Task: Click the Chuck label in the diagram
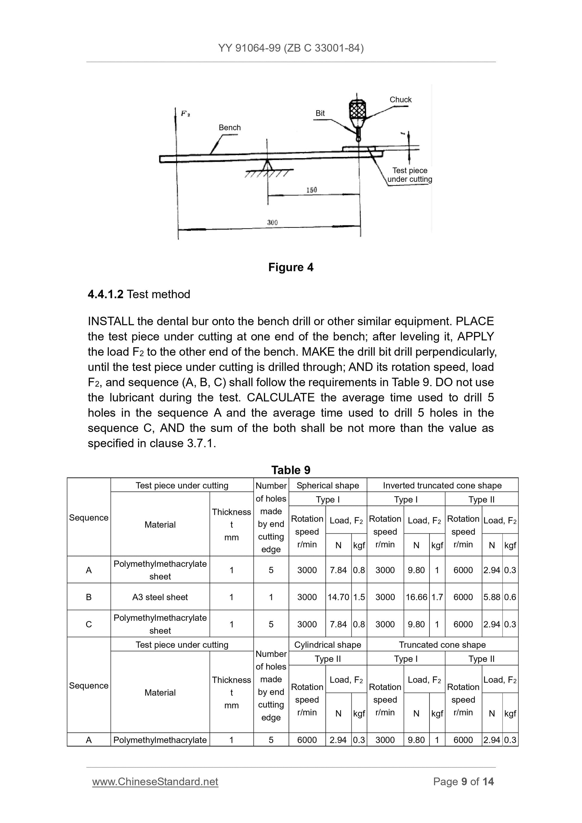[x=400, y=100]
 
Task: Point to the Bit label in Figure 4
[x=320, y=113]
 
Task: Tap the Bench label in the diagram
[x=229, y=128]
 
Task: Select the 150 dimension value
[x=311, y=190]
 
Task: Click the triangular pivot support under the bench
[x=267, y=165]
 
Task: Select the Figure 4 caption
[x=291, y=267]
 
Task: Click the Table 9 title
[x=291, y=470]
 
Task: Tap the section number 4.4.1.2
[x=106, y=294]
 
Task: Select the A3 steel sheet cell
[x=160, y=597]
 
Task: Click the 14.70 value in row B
[x=338, y=597]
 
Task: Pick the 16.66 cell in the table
[x=416, y=597]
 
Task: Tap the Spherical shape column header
[x=327, y=485]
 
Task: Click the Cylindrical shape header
[x=327, y=645]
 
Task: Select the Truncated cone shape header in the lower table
[x=442, y=645]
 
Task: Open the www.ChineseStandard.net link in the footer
[x=155, y=782]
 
